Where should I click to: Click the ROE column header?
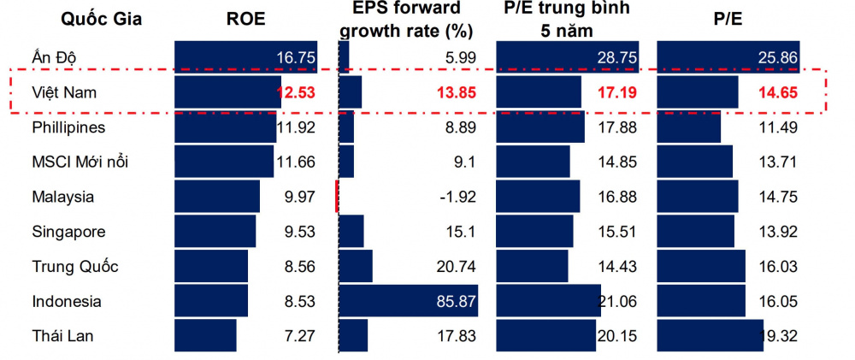click(245, 20)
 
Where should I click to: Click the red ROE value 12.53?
click(295, 92)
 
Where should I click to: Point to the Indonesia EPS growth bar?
click(408, 301)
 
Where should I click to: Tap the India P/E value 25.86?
click(776, 57)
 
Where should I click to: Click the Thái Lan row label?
click(62, 336)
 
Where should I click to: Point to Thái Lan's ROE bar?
click(205, 335)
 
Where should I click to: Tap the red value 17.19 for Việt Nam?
click(616, 92)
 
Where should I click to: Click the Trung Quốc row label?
click(74, 266)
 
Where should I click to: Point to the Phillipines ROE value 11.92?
click(296, 127)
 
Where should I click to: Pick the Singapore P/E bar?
click(695, 231)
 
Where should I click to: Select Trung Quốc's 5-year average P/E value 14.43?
click(616, 267)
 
